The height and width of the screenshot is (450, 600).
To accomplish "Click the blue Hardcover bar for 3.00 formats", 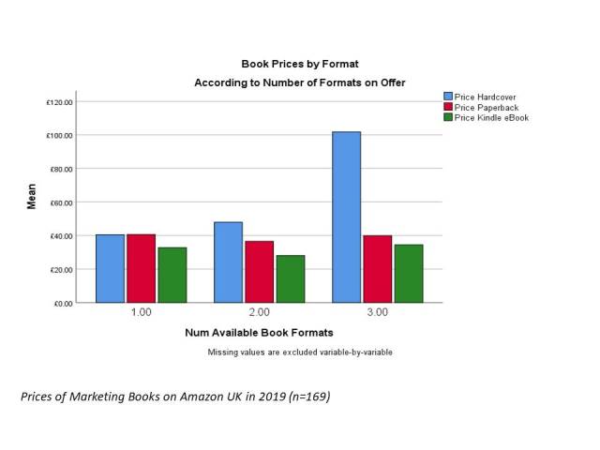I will (x=346, y=217).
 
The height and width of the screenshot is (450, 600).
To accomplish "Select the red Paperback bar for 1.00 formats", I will (x=141, y=268).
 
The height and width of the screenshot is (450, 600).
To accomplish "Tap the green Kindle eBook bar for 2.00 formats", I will (x=289, y=278).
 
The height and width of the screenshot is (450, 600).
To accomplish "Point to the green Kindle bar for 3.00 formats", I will (x=408, y=273).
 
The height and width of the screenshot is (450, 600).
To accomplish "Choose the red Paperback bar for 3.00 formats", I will (x=377, y=269).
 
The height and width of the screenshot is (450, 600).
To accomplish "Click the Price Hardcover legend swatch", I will (x=447, y=97).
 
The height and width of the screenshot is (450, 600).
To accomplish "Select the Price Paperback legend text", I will (x=485, y=107).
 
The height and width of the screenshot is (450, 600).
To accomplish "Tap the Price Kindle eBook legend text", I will (x=491, y=117).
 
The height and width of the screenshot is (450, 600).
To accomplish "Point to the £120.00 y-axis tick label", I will (x=60, y=101).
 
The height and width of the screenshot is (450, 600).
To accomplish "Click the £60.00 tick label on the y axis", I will (x=62, y=202).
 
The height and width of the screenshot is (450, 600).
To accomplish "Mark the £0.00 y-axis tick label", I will (x=64, y=303).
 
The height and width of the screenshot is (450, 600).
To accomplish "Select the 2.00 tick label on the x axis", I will (x=259, y=312).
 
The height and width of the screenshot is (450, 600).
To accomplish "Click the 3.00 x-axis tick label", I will (x=378, y=312).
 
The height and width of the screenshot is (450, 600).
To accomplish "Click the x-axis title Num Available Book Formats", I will (x=259, y=332).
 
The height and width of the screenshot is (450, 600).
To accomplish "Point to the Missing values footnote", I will (x=300, y=352).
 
